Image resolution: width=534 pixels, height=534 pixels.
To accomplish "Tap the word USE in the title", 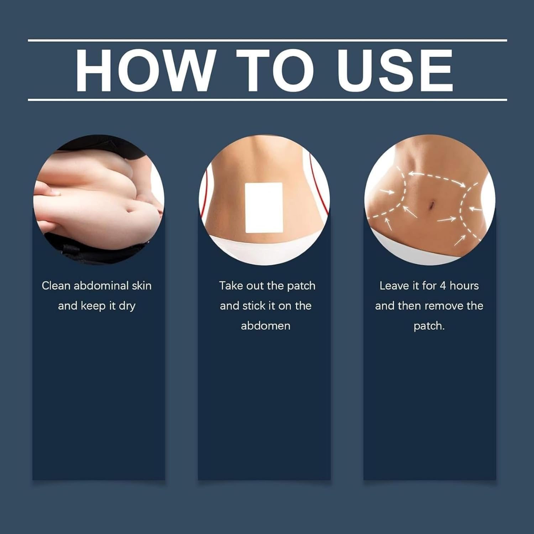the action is coord(395,70).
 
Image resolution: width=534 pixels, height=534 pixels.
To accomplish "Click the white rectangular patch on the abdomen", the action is coord(264,208).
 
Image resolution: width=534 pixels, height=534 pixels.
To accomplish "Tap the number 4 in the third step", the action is coord(443,286).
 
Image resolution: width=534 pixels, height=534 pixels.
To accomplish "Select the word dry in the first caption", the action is coord(127,306).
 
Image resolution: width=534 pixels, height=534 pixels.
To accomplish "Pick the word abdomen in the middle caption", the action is coord(266,326).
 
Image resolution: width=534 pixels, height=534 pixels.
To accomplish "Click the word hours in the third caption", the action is coord(464,286).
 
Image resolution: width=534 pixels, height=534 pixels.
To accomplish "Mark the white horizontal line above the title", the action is coord(267,41).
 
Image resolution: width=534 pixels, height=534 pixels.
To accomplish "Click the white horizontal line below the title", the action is coord(267,100).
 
